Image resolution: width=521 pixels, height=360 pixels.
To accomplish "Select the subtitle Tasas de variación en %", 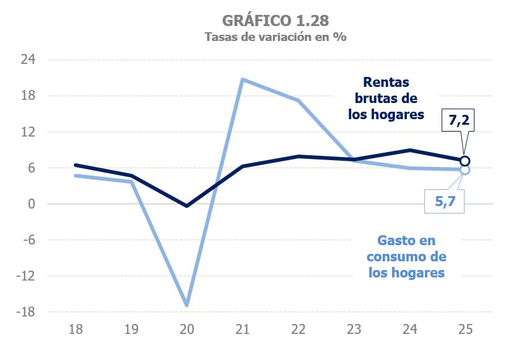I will click(x=275, y=36).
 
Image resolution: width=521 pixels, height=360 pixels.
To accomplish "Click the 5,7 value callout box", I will click(x=444, y=200).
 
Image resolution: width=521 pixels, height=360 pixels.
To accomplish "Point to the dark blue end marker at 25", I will click(x=465, y=161).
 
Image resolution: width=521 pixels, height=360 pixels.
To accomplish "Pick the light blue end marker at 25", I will click(x=465, y=169).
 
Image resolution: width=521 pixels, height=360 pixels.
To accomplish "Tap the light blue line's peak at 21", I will click(x=242, y=79).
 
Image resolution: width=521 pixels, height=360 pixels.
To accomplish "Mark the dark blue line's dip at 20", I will click(x=187, y=205).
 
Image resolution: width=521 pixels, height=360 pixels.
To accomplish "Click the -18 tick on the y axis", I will click(x=26, y=312).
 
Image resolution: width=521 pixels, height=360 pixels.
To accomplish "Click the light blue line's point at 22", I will click(x=298, y=101).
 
